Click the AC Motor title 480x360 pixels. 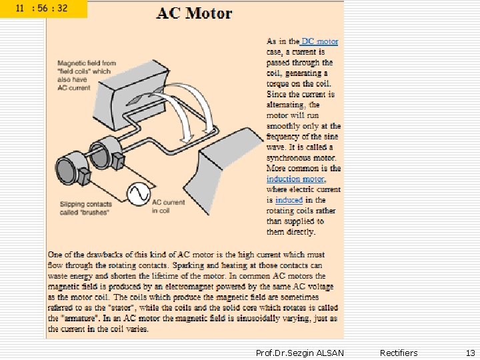(x=194, y=13)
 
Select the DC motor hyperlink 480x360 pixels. (x=320, y=41)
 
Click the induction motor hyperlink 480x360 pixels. (x=295, y=179)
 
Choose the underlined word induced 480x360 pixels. (x=289, y=200)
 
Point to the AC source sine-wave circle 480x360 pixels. (x=139, y=194)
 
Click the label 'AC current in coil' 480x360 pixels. (x=168, y=206)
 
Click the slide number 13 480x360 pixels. (x=471, y=353)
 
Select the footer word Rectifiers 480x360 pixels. (x=399, y=353)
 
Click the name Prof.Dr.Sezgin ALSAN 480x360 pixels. (x=300, y=353)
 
